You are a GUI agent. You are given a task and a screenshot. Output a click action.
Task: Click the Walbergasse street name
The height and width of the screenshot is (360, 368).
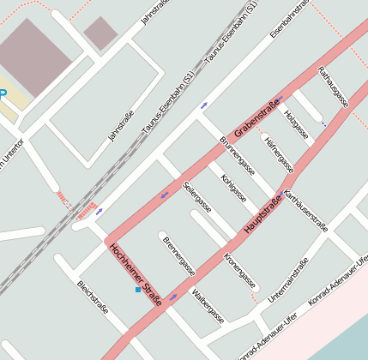click(208, 306)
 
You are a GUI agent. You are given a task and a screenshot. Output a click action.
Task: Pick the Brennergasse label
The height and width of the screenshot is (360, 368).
click(178, 256)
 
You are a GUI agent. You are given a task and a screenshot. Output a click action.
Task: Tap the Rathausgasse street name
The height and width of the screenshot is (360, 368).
click(333, 86)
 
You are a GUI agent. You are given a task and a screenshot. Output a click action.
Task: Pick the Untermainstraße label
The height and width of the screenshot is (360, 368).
click(287, 280)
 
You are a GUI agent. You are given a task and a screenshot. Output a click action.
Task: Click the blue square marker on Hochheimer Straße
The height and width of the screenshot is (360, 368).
click(137, 291)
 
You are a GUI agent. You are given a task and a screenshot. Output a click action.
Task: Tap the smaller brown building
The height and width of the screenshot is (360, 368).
click(100, 33)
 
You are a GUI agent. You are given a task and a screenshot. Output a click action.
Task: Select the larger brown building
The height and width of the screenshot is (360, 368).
click(34, 57)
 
